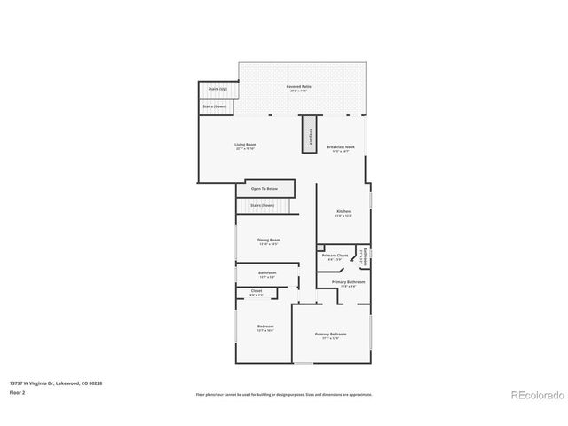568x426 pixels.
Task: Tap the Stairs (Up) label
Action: [x=217, y=89]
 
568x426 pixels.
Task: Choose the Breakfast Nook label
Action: [x=341, y=148]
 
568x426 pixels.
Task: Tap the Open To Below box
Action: [x=264, y=189]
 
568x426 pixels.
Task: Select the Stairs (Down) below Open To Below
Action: [x=262, y=206]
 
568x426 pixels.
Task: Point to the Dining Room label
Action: [x=268, y=241]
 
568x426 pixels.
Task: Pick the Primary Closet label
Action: [x=335, y=256]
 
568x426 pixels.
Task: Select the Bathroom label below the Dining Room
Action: [x=267, y=273]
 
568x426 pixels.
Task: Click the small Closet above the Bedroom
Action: [x=256, y=292]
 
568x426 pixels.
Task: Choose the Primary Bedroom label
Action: [x=330, y=335]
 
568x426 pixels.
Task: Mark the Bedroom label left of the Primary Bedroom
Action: [x=265, y=327]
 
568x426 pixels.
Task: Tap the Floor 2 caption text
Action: [x=18, y=392]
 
